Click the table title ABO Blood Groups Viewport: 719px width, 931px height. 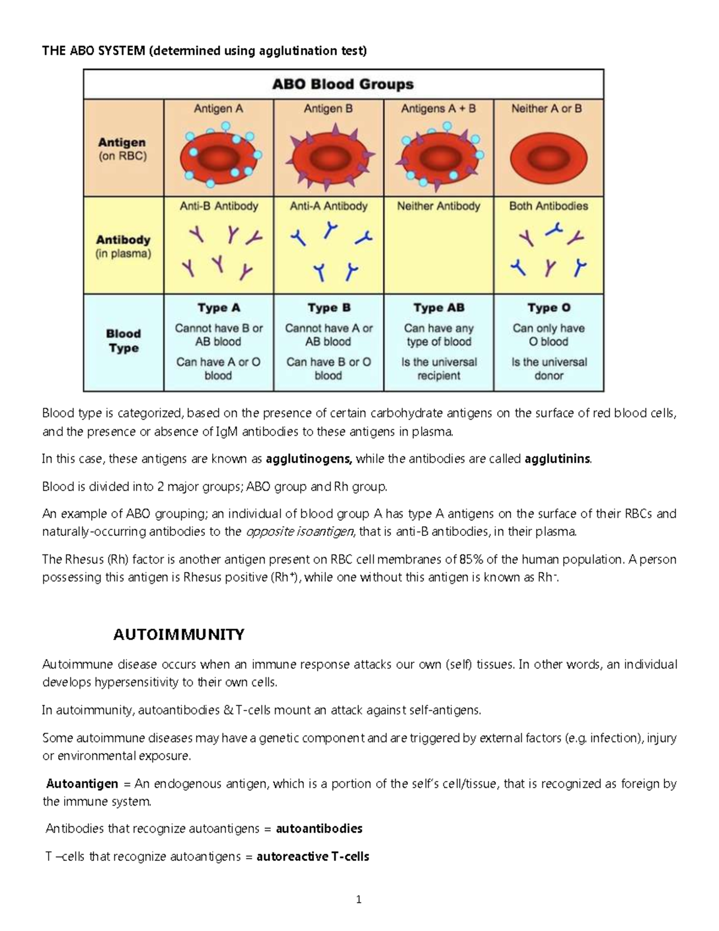343,84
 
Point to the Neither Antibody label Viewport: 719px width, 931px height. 439,206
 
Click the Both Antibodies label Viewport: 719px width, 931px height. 548,206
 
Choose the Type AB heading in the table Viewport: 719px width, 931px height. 439,308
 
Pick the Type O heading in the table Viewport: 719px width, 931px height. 549,308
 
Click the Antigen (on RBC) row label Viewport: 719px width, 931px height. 123,149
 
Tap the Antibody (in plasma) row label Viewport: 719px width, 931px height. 123,246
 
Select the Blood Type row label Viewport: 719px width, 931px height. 123,341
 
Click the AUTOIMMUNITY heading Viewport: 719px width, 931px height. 179,634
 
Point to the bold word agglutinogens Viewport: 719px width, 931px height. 309,460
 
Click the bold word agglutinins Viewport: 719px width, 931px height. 557,460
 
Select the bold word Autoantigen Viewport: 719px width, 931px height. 82,784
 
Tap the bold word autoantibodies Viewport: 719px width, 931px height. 319,829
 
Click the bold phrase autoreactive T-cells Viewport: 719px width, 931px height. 313,857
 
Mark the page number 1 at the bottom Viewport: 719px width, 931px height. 359,899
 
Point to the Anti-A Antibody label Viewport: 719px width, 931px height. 328,206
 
